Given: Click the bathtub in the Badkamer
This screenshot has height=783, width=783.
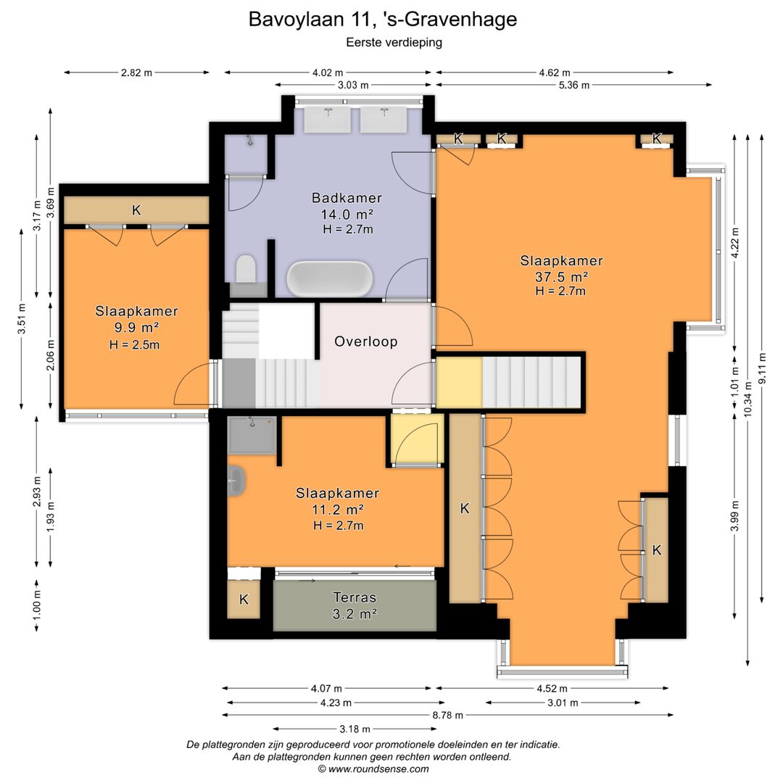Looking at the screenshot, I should pyautogui.click(x=330, y=278).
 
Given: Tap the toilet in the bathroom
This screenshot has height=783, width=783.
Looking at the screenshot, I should pyautogui.click(x=245, y=270).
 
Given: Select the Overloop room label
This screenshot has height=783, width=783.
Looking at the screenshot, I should pyautogui.click(x=365, y=341).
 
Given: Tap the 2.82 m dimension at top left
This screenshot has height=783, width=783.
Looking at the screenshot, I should pyautogui.click(x=136, y=72).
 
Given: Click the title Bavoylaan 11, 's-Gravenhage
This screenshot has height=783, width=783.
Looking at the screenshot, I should pyautogui.click(x=383, y=19).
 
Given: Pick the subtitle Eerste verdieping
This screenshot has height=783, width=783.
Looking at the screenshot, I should pyautogui.click(x=394, y=42).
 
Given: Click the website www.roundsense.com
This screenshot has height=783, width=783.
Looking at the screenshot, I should pyautogui.click(x=378, y=769).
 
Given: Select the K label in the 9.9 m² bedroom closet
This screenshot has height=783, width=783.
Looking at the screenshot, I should pyautogui.click(x=136, y=211).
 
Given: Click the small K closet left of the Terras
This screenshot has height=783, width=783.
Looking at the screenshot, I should pyautogui.click(x=244, y=600).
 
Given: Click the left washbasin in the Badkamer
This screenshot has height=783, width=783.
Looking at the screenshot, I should pyautogui.click(x=328, y=120).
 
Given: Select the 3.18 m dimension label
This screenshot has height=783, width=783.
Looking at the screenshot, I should pyautogui.click(x=355, y=729).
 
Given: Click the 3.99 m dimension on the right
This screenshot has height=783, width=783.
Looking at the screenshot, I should pyautogui.click(x=734, y=516).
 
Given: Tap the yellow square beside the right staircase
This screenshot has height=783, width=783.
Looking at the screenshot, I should pyautogui.click(x=458, y=382).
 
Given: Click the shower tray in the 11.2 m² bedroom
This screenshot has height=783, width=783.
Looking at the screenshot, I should pyautogui.click(x=252, y=435).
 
